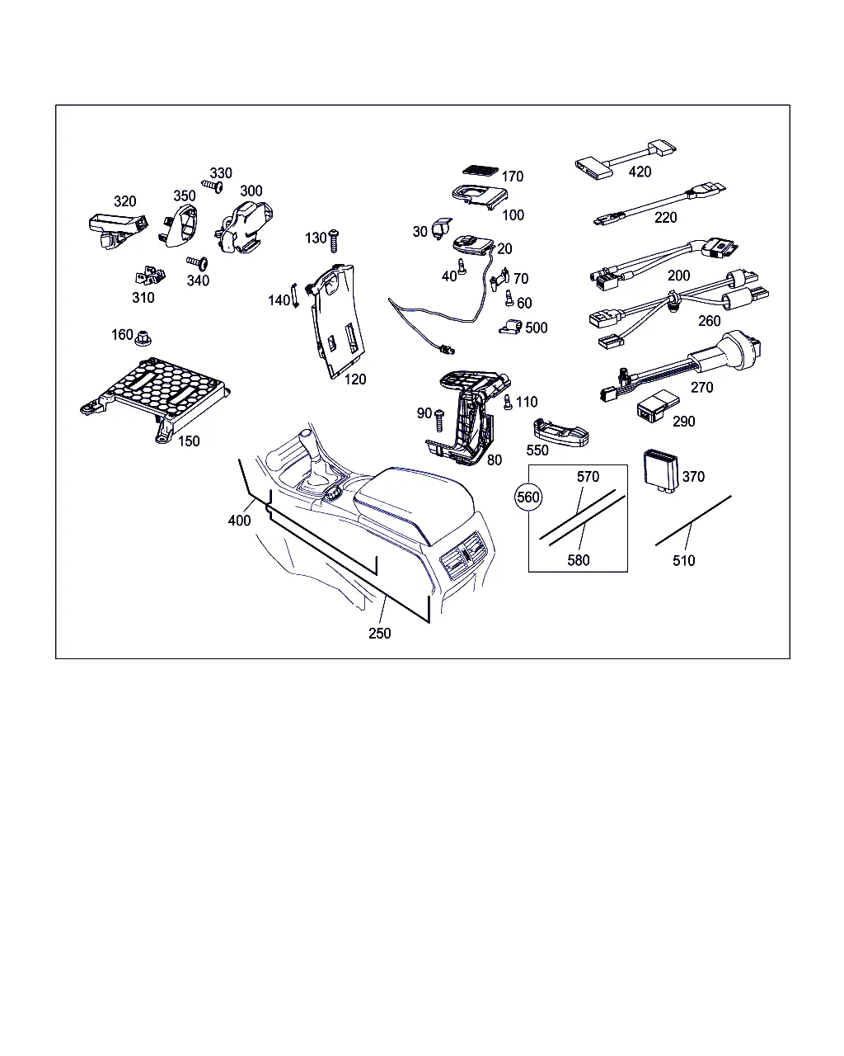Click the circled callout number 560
coord(528,497)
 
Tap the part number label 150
coord(189,441)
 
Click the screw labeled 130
coord(334,240)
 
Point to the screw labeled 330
coord(213,186)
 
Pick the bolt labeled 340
coord(197,263)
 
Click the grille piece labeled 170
coord(481,170)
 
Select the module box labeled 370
coord(660,471)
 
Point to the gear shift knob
coord(305,436)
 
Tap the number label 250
coord(380,634)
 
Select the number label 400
coord(239,521)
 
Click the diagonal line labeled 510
coord(693,520)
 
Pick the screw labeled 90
coord(439,421)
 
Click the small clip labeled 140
coord(295,295)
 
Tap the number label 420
coord(640,172)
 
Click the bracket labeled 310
coord(150,276)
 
